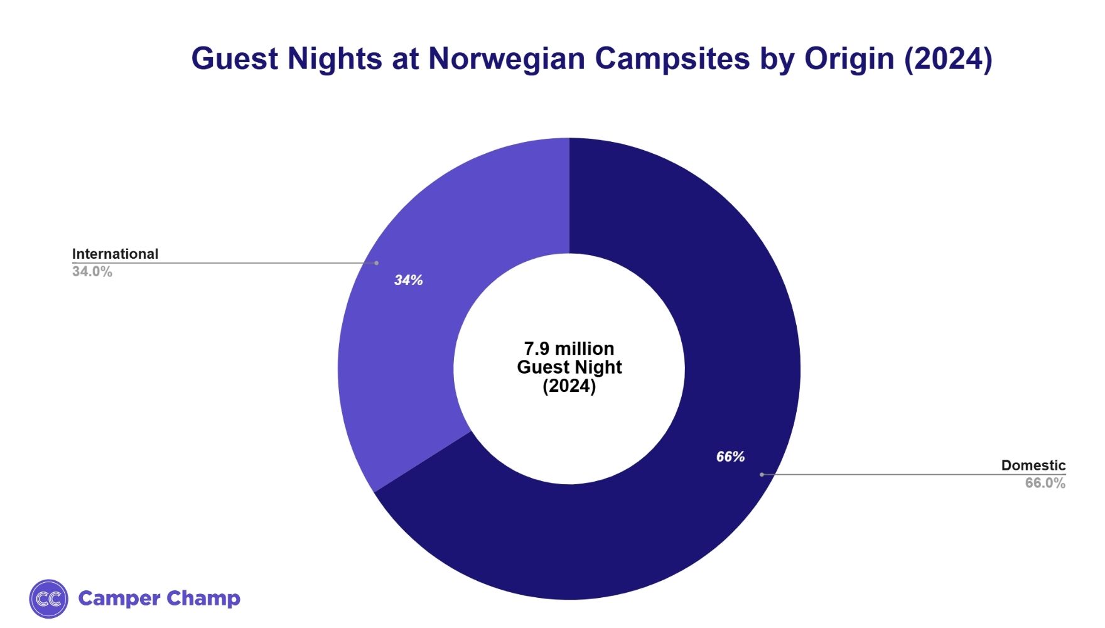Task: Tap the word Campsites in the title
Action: pos(672,59)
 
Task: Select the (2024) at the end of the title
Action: pos(948,59)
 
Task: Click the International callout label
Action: pos(115,254)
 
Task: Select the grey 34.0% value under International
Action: pos(92,272)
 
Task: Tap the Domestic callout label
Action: pos(1033,465)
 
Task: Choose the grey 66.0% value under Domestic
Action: pos(1045,483)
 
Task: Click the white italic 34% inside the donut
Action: pos(408,281)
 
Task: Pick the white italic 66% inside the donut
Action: pos(730,457)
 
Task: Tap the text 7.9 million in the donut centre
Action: pos(569,349)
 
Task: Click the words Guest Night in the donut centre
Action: pos(569,367)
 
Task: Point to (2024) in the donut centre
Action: pos(569,386)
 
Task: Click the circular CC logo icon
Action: pos(48,598)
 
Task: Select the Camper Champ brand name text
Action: pos(159,598)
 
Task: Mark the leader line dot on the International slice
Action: pos(377,263)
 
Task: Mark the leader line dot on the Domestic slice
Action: pos(762,475)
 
